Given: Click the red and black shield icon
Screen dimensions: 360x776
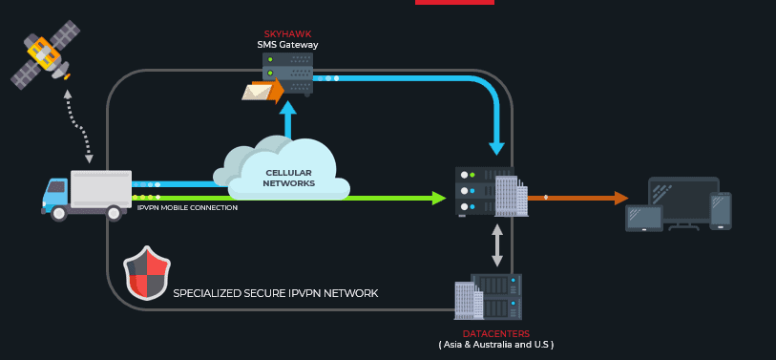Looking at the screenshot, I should [x=147, y=273].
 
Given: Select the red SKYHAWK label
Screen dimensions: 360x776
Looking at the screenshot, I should [x=287, y=34].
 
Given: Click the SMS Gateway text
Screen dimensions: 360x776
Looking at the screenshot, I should [x=287, y=45].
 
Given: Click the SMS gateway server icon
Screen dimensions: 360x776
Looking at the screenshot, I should [x=287, y=73].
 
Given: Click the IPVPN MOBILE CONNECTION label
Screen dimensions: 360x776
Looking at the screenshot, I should [x=187, y=207].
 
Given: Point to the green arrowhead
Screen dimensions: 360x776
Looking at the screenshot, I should [x=438, y=198].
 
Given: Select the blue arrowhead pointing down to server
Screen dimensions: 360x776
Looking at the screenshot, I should [x=496, y=148].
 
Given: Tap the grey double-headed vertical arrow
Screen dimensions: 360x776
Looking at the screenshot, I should [x=496, y=245].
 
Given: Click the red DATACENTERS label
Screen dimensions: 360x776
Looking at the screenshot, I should [x=495, y=333].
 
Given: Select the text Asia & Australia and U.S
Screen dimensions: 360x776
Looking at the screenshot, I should [x=495, y=344].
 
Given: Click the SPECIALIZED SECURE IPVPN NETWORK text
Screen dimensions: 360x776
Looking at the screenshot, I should [x=275, y=293].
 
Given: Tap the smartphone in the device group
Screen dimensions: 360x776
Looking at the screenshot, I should [x=721, y=211].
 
